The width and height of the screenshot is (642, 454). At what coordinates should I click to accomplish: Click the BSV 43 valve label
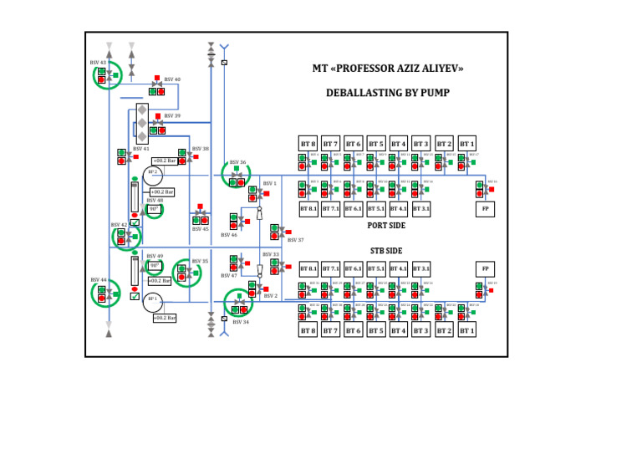tap(98, 63)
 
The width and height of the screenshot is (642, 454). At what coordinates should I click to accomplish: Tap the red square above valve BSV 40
tap(157, 78)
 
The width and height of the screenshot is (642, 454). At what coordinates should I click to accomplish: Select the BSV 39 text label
tap(172, 116)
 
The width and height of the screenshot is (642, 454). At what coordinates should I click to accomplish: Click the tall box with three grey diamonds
tap(142, 123)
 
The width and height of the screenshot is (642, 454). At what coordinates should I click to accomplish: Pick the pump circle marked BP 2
tap(152, 174)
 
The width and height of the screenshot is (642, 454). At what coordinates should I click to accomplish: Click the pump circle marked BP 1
tap(152, 300)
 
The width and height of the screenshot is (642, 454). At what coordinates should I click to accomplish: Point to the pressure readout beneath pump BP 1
tap(165, 318)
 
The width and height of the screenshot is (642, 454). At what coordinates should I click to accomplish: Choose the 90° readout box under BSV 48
tap(154, 209)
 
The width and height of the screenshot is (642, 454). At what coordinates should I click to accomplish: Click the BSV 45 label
tap(200, 229)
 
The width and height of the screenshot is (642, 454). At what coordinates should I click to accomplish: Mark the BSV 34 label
tap(241, 322)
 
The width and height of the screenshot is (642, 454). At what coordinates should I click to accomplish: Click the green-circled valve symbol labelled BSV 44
tap(105, 293)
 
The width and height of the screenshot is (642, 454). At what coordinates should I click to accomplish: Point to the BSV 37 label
tap(295, 240)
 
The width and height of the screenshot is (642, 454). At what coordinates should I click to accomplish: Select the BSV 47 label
tap(229, 275)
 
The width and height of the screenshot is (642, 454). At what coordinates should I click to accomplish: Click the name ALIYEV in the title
tap(441, 68)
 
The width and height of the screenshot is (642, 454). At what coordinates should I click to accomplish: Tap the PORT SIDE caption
tap(387, 225)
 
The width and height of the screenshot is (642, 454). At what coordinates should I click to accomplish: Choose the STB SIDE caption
tap(387, 250)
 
